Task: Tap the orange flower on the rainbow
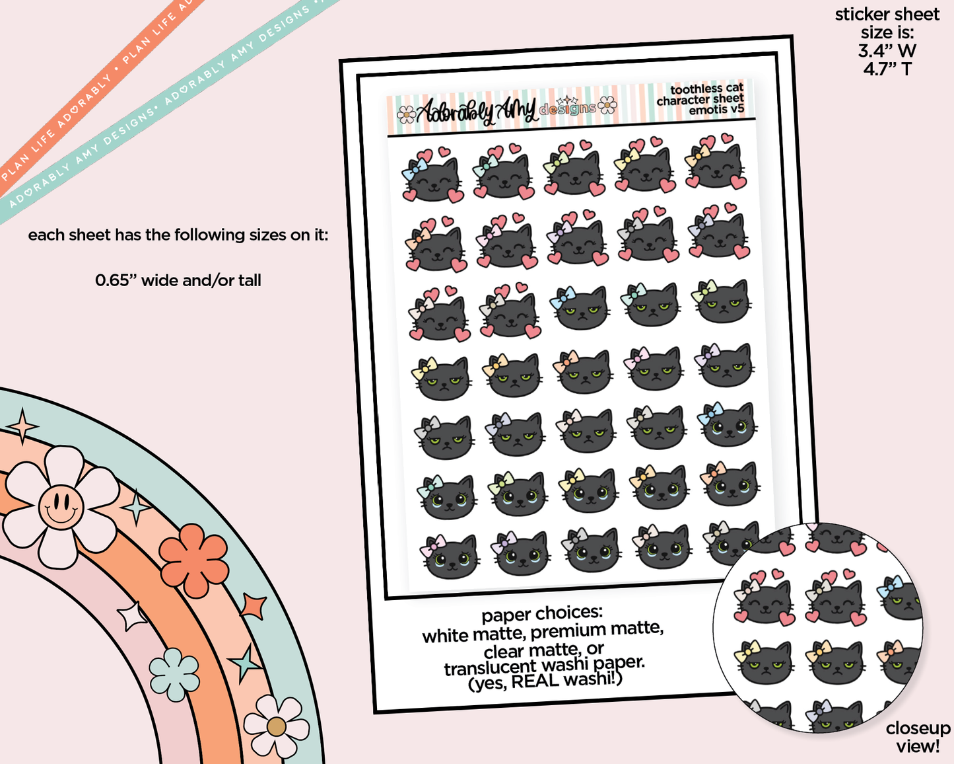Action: pyautogui.click(x=193, y=560)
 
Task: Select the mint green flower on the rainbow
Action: pyautogui.click(x=174, y=674)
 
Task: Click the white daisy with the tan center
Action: pyautogui.click(x=276, y=726)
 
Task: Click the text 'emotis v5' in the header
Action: pyautogui.click(x=716, y=109)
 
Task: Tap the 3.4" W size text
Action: pyautogui.click(x=887, y=51)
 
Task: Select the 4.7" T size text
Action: pyautogui.click(x=887, y=69)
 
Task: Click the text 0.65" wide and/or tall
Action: pyautogui.click(x=178, y=281)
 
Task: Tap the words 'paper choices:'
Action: pyautogui.click(x=542, y=615)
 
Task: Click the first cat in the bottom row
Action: pyautogui.click(x=451, y=557)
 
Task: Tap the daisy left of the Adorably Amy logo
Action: pyautogui.click(x=406, y=114)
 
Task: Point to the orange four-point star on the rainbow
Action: pyautogui.click(x=254, y=606)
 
